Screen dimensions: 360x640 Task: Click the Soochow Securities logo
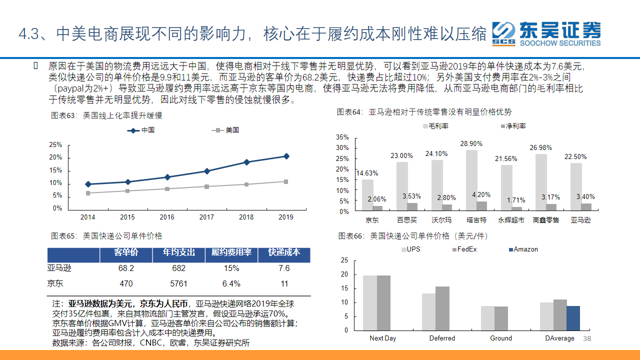[546, 33]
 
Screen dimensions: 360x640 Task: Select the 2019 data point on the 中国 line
[286, 156]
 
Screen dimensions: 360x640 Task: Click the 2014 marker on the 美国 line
[88, 193]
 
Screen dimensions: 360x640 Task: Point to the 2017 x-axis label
[206, 217]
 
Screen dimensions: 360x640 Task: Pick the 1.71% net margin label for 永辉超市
[515, 200]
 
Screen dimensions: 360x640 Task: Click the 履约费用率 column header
[231, 253]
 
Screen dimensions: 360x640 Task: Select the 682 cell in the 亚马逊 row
[178, 268]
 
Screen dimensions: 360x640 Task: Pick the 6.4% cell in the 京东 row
[231, 284]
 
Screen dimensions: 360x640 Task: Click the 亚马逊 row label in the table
[59, 268]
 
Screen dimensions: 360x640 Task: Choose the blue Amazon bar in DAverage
[573, 318]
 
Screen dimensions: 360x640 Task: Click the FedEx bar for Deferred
[442, 308]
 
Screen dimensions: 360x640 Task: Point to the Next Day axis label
[382, 338]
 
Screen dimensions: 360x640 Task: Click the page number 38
[587, 339]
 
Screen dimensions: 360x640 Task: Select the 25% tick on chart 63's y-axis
[55, 145]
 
